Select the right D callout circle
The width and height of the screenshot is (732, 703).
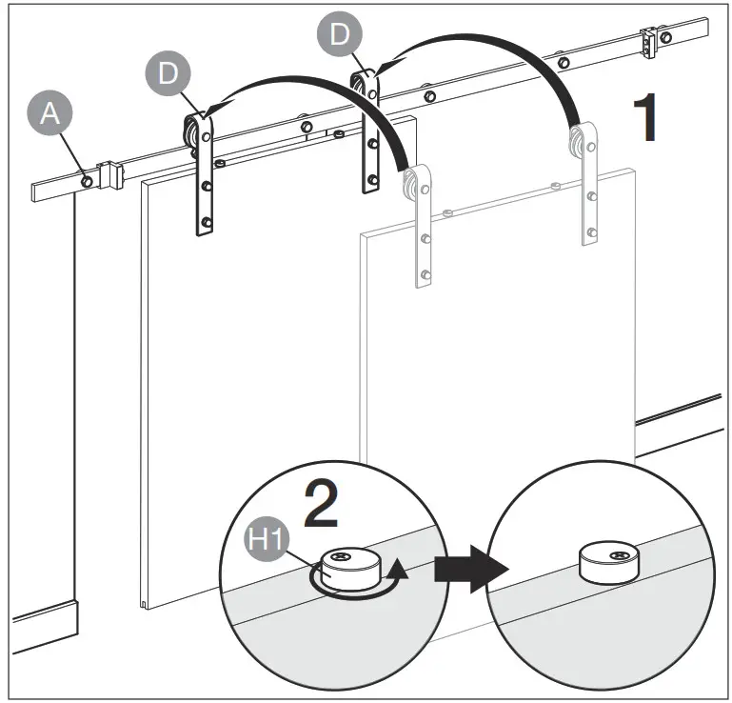(340, 35)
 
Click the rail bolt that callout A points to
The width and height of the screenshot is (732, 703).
(87, 178)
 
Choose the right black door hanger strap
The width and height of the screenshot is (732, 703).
(368, 132)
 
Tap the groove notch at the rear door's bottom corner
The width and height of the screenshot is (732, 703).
(144, 602)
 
